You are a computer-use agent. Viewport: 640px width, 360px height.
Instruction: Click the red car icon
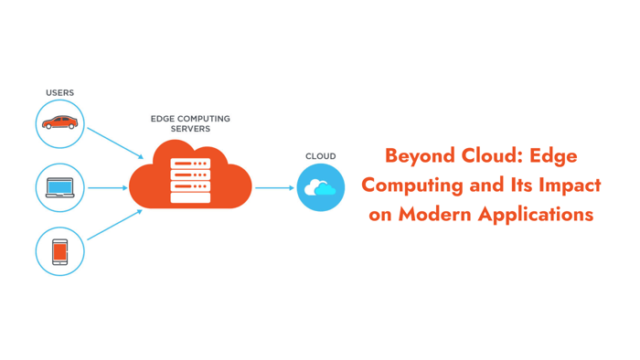[x=60, y=122]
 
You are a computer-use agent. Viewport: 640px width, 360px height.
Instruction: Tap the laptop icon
[x=60, y=188]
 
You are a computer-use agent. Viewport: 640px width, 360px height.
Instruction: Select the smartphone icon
[x=60, y=251]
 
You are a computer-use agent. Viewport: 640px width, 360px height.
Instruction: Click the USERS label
[x=60, y=93]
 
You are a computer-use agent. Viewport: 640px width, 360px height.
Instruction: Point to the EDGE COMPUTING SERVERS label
[x=190, y=124]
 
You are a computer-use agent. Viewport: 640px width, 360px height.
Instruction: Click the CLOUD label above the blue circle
[x=320, y=156]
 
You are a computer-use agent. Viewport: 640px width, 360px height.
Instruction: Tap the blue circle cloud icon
[x=320, y=188]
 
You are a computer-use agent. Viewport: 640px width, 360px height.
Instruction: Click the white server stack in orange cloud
[x=190, y=180]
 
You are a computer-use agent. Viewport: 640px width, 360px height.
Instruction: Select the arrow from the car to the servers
[x=115, y=143]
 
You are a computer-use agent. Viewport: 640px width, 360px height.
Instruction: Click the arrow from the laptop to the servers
[x=108, y=188]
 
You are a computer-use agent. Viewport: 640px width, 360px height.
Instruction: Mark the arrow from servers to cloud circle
[x=274, y=188]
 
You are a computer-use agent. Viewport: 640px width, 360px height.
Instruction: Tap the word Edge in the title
[x=554, y=156]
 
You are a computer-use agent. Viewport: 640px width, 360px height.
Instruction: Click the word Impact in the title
[x=570, y=185]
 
